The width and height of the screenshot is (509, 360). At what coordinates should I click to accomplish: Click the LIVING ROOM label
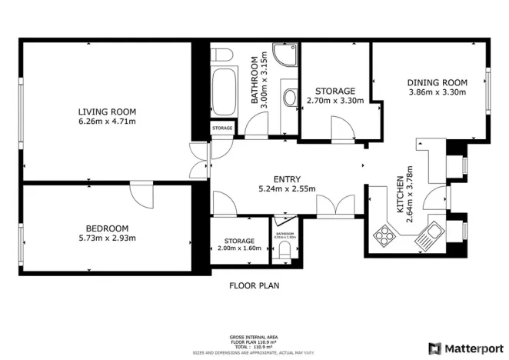[x=108, y=111]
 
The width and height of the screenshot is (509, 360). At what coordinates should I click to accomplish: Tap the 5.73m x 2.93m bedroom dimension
[x=108, y=238]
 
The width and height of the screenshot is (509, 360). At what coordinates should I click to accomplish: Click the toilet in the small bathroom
[x=286, y=251]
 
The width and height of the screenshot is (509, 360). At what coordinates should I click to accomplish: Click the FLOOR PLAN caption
[x=254, y=285]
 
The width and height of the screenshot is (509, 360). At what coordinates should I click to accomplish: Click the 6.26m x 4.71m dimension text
[x=108, y=121]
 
